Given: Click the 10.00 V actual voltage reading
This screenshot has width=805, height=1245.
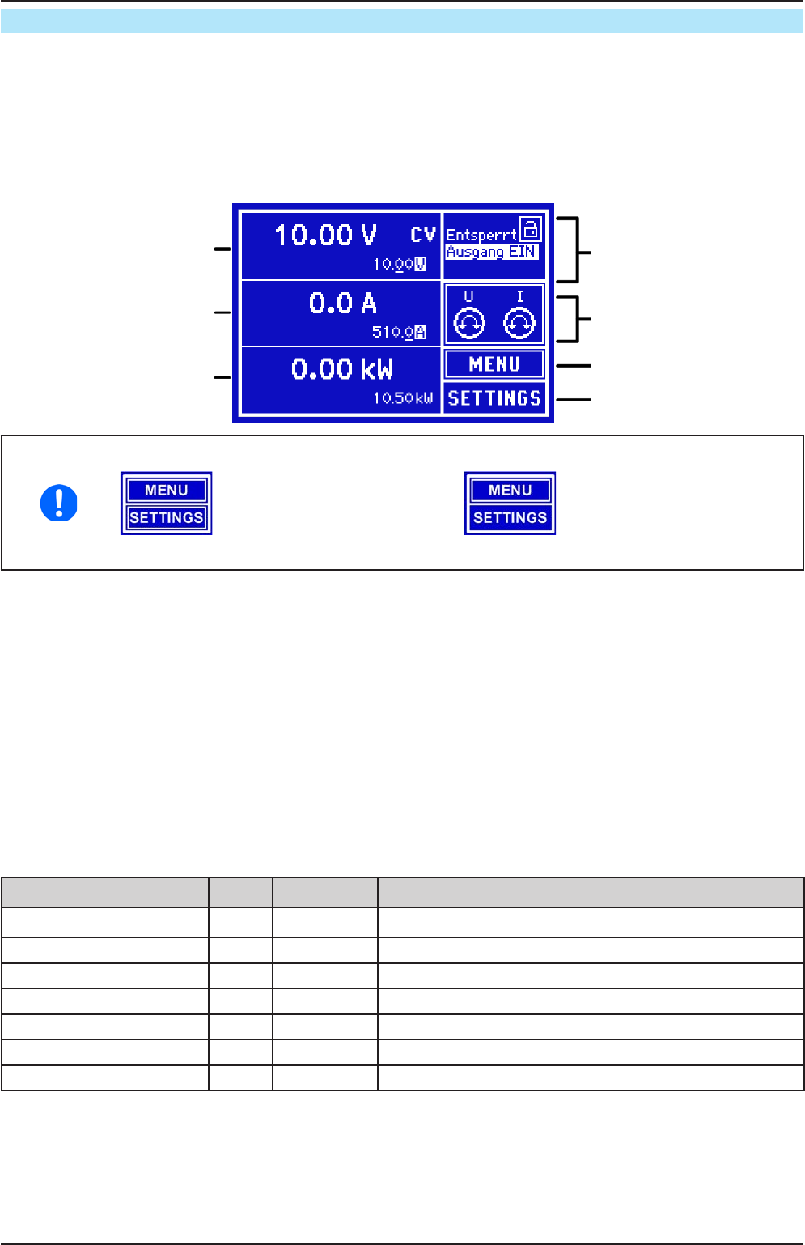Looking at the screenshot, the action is point(325,235).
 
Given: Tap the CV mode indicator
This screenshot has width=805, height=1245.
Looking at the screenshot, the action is point(423,235).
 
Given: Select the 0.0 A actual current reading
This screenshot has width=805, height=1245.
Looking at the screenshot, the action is point(343,304).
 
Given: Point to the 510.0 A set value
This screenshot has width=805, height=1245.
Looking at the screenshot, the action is point(399,333).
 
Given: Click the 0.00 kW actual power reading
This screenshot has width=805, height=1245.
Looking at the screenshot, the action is point(342,369).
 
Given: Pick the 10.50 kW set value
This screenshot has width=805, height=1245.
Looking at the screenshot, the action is point(403,398).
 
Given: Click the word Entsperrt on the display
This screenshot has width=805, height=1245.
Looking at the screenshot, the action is point(481,235).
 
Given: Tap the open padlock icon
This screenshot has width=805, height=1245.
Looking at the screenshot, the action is point(531,228).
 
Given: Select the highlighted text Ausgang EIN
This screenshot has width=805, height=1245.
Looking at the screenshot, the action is point(492,252).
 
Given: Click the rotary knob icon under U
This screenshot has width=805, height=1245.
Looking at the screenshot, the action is point(469,324).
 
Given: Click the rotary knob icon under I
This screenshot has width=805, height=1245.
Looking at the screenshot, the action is point(519,324).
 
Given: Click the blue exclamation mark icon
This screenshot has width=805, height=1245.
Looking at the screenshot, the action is point(59,503).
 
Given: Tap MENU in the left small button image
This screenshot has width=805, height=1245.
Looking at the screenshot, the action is point(166,491).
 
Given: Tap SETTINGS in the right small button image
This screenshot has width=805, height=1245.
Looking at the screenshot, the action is point(510,518).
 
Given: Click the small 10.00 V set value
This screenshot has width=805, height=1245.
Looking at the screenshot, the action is point(399,265).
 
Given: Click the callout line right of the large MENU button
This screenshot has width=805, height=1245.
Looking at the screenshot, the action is point(574,366).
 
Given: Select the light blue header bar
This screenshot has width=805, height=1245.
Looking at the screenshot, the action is point(402,21).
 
